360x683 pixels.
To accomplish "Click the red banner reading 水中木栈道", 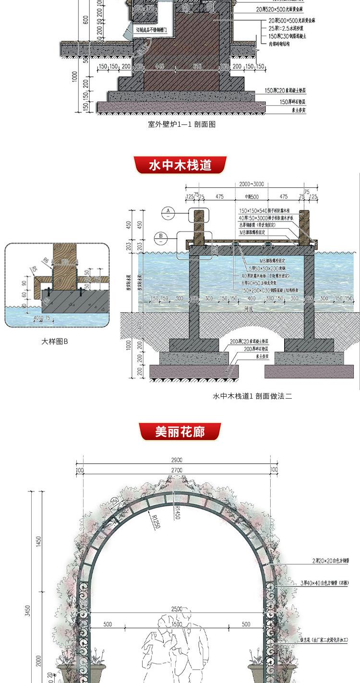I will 180,165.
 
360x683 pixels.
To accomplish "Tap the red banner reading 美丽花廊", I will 180,431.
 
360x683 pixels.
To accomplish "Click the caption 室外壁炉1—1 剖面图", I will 181,124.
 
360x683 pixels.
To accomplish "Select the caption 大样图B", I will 54,341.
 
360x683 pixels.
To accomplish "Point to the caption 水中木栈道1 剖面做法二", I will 252,396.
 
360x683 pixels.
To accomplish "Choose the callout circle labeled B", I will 160,236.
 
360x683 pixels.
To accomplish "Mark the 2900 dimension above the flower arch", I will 176,460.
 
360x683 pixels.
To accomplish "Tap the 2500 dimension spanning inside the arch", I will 176,609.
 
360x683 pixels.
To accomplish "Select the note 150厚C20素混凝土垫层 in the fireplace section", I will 285,90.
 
